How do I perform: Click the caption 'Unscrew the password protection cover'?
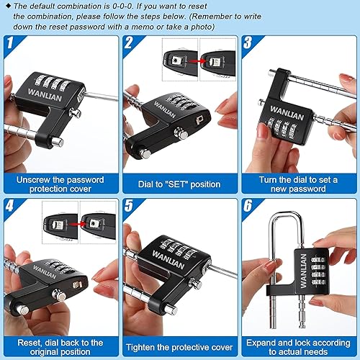(x=60, y=184)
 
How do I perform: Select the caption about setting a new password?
(x=298, y=184)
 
